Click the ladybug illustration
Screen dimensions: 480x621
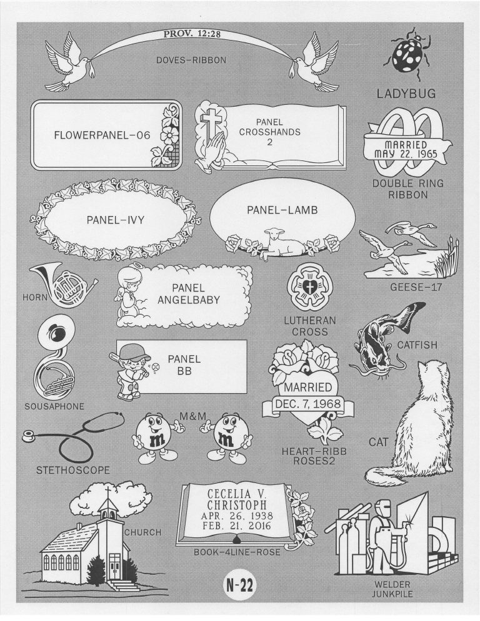pos(407,52)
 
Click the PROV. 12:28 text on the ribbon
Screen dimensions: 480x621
pos(192,34)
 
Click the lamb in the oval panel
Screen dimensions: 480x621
pos(281,242)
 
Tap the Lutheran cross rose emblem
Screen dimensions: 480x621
pos(309,286)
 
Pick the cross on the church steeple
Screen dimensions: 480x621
pos(107,494)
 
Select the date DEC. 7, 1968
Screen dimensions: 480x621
pos(308,404)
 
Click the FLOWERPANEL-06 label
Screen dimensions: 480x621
pos(102,135)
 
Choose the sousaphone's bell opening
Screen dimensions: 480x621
pos(56,331)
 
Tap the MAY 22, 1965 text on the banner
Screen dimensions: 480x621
pos(406,154)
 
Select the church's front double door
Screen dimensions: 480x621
pos(114,565)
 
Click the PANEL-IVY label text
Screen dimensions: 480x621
pos(116,220)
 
